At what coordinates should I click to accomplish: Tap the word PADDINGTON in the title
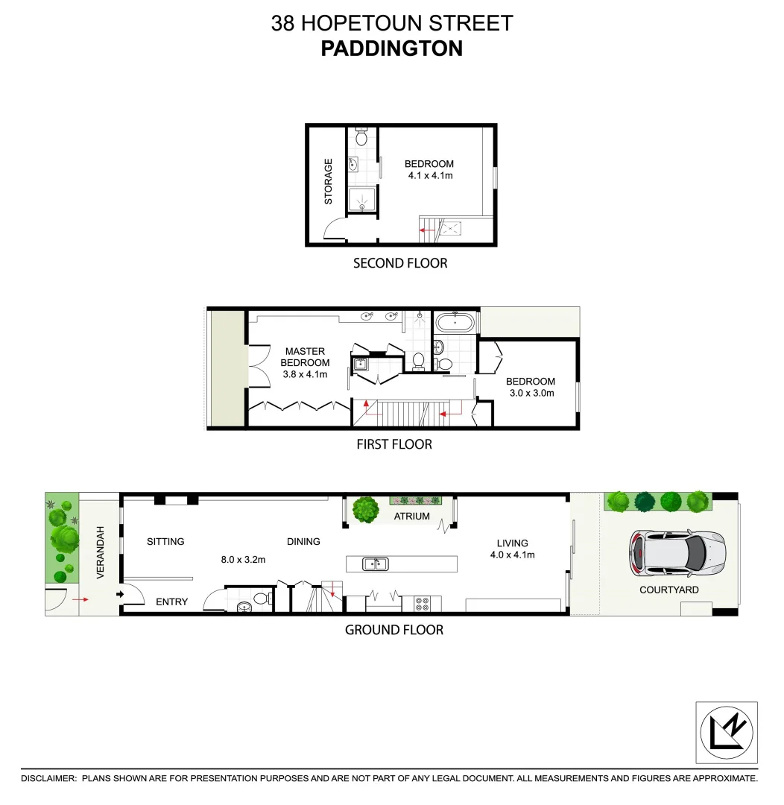pos(391,48)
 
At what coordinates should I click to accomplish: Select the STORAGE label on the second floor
pos(328,181)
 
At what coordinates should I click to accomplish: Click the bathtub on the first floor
pos(454,323)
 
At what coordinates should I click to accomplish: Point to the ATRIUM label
pos(412,516)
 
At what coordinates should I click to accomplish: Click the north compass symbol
pos(727,733)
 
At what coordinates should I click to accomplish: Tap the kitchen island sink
pos(375,563)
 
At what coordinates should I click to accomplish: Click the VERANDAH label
pos(100,553)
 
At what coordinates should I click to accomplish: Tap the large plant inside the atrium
pos(365,510)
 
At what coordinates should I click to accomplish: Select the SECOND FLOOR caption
pos(400,263)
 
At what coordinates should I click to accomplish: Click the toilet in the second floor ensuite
pos(361,138)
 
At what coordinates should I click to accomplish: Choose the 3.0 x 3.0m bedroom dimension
pos(531,393)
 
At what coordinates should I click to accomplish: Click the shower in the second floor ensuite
pos(362,200)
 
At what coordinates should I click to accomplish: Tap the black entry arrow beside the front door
pos(120,594)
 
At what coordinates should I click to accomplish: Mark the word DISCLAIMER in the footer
pos(48,778)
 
